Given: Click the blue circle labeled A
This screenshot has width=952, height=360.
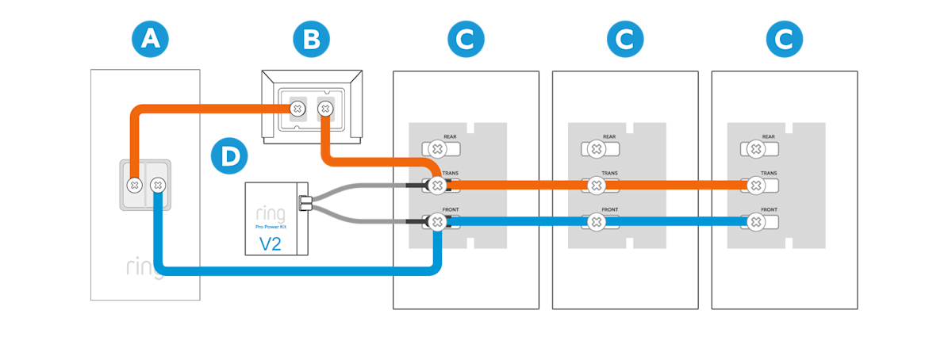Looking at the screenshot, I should pos(150,39).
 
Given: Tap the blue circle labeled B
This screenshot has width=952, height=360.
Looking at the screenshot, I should pos(310,39).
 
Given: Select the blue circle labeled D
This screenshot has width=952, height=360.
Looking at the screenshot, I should pos(229,155).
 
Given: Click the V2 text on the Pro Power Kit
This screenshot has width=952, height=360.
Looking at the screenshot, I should pos(271,243).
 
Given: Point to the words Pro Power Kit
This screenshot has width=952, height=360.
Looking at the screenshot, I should pos(271,227).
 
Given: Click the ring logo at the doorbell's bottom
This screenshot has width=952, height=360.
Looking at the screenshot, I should pos(143,267).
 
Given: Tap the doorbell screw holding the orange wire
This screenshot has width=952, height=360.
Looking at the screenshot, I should pos(135,186).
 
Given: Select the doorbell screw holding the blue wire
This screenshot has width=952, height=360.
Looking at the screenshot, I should pos(157,186).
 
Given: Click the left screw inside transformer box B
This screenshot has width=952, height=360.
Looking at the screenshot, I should pos(297,108).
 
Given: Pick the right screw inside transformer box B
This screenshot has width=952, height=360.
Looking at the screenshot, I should pos(324,108).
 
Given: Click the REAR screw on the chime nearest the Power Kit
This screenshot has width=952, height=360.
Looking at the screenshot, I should pos(436,148).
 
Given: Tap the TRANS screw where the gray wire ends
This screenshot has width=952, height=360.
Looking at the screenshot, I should pos(436,186).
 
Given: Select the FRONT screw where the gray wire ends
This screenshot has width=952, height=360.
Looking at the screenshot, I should pos(436,223).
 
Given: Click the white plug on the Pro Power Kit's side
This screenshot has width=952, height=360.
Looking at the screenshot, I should pos(302,204).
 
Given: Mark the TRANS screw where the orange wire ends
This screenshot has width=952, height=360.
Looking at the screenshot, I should pos(756,186).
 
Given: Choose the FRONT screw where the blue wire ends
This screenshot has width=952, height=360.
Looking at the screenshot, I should pos(756,223).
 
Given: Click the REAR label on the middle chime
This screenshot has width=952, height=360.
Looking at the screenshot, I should pos(609,137).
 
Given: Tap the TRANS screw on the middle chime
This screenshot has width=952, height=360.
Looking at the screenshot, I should pos(596,186).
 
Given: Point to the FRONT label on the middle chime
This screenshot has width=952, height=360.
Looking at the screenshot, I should pos(609,211).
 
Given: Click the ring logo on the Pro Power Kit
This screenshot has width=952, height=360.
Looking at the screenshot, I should pos(271,213).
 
